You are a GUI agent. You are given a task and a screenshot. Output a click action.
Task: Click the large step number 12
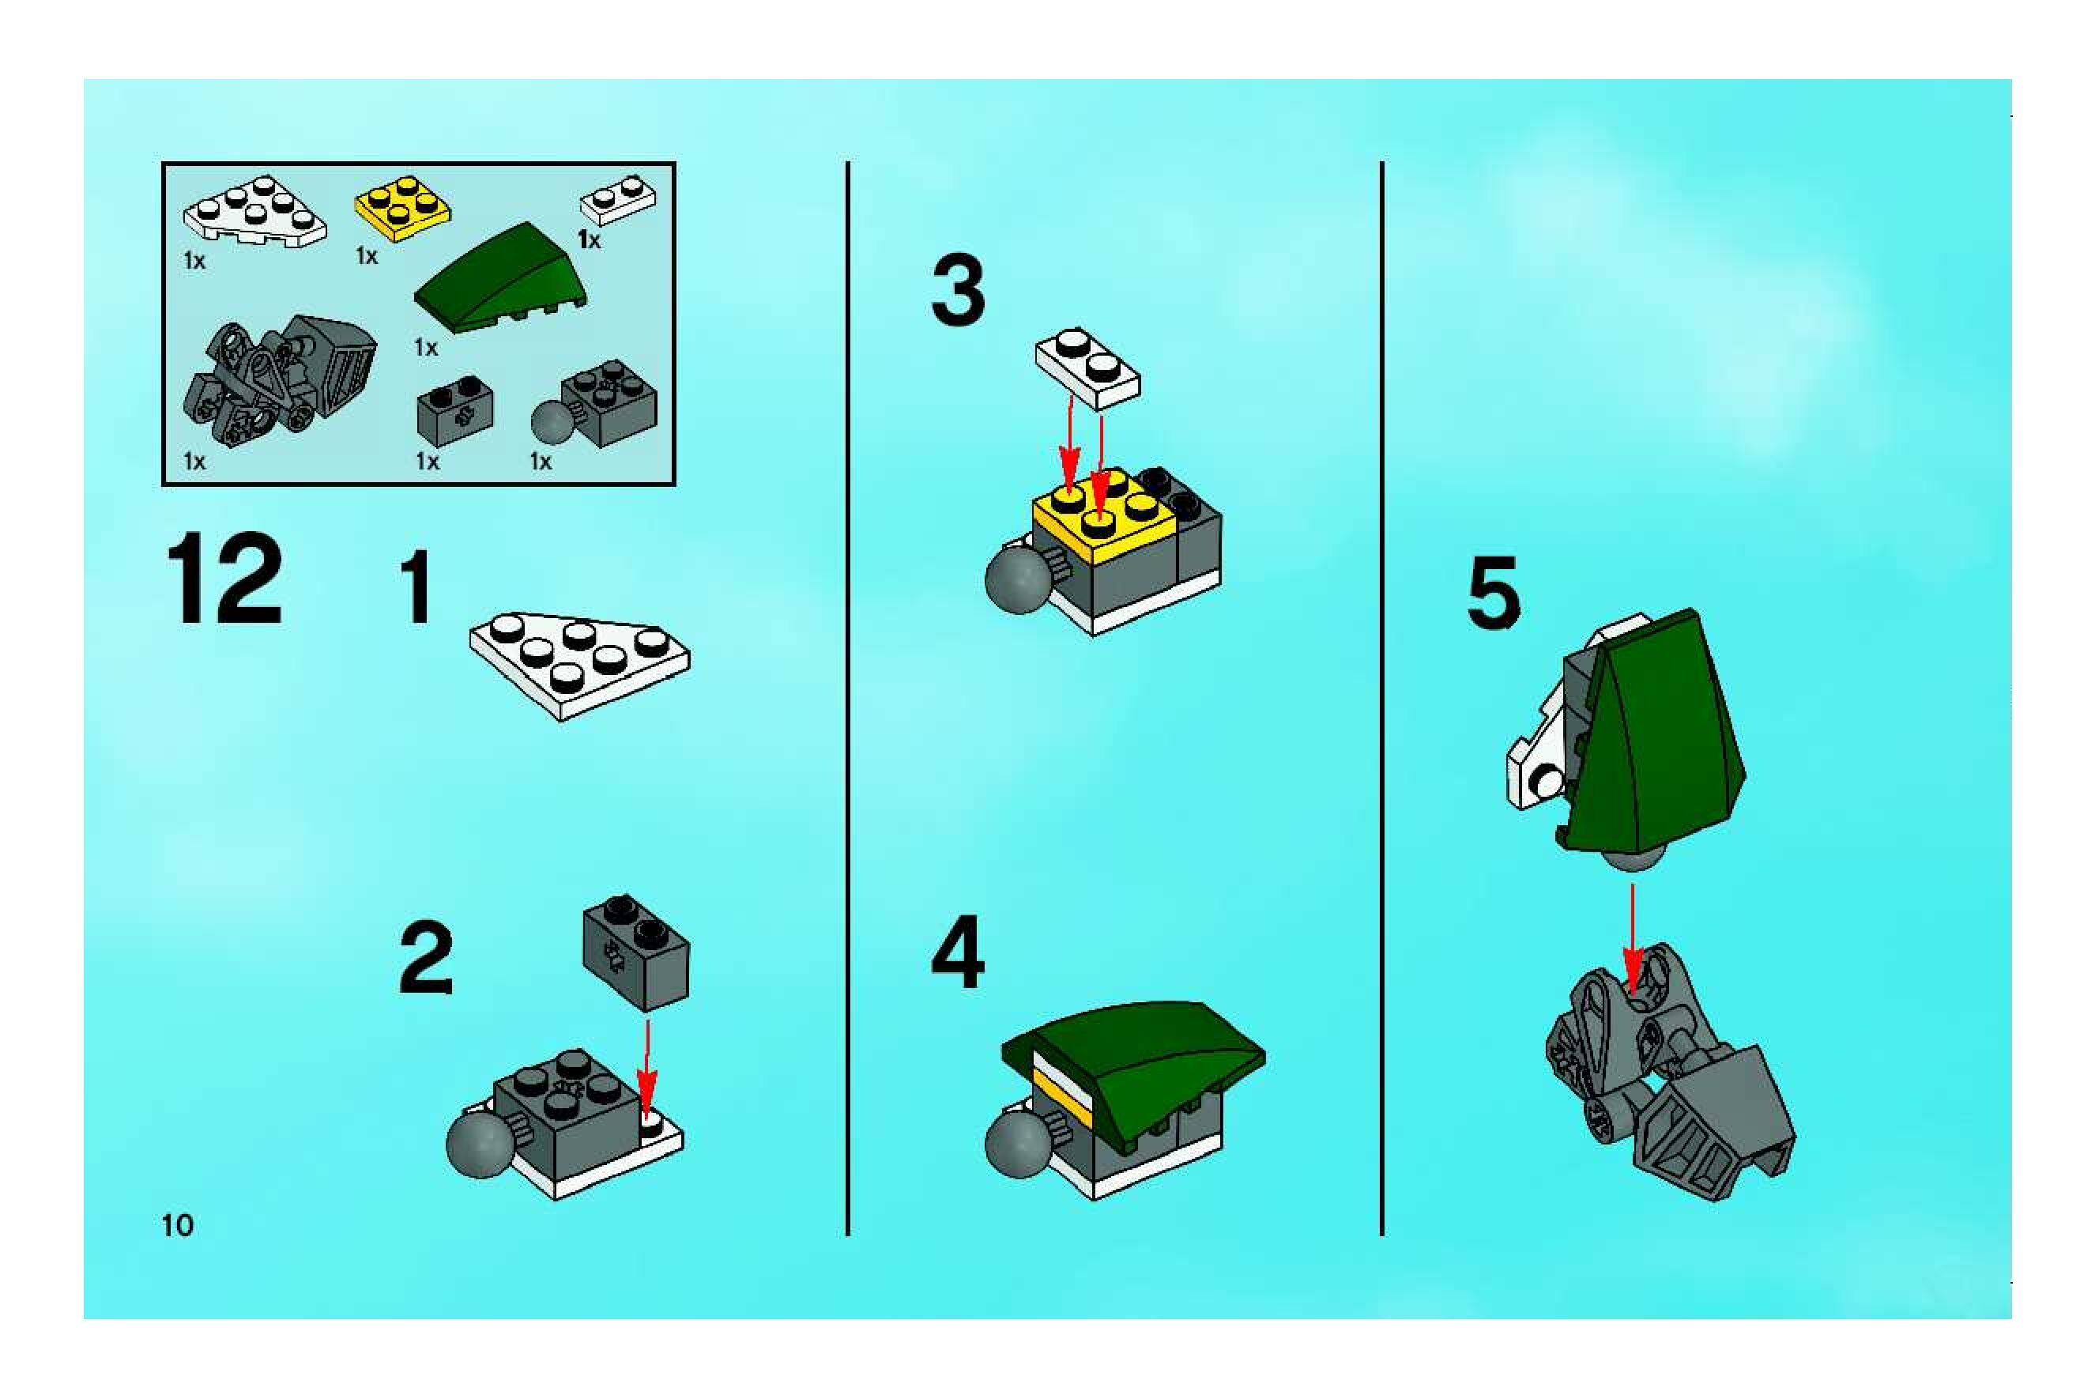(x=224, y=579)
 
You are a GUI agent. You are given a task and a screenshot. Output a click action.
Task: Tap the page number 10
(x=178, y=1225)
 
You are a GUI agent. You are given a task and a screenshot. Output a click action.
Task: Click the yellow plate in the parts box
(x=402, y=207)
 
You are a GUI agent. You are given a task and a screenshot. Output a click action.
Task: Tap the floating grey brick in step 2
(x=636, y=951)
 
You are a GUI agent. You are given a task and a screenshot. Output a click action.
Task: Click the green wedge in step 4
(x=1132, y=1069)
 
